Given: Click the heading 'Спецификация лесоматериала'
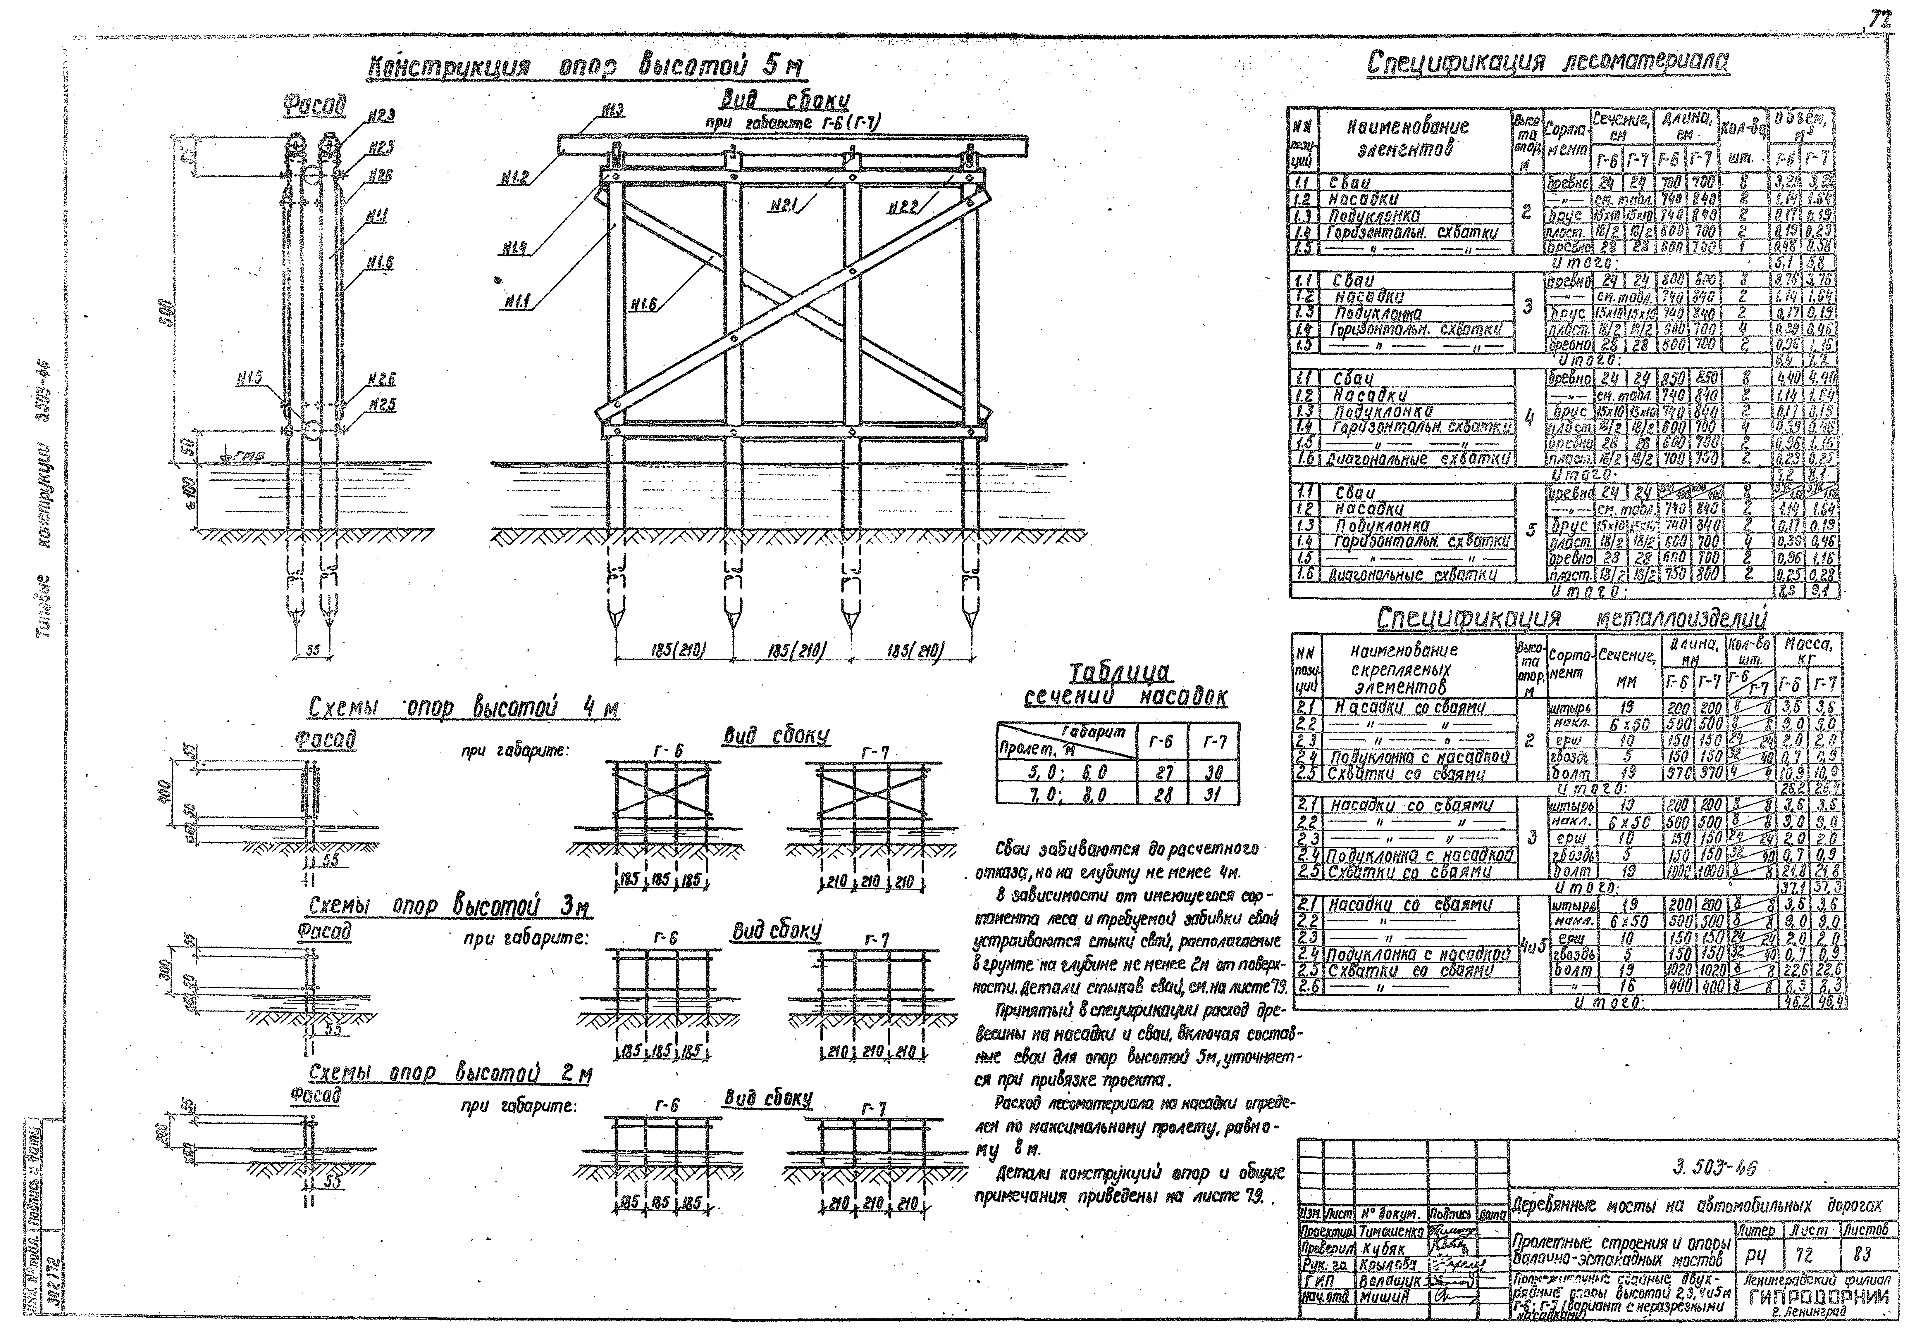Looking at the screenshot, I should [x=1547, y=63].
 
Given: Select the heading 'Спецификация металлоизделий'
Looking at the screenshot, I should [x=1571, y=619].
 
